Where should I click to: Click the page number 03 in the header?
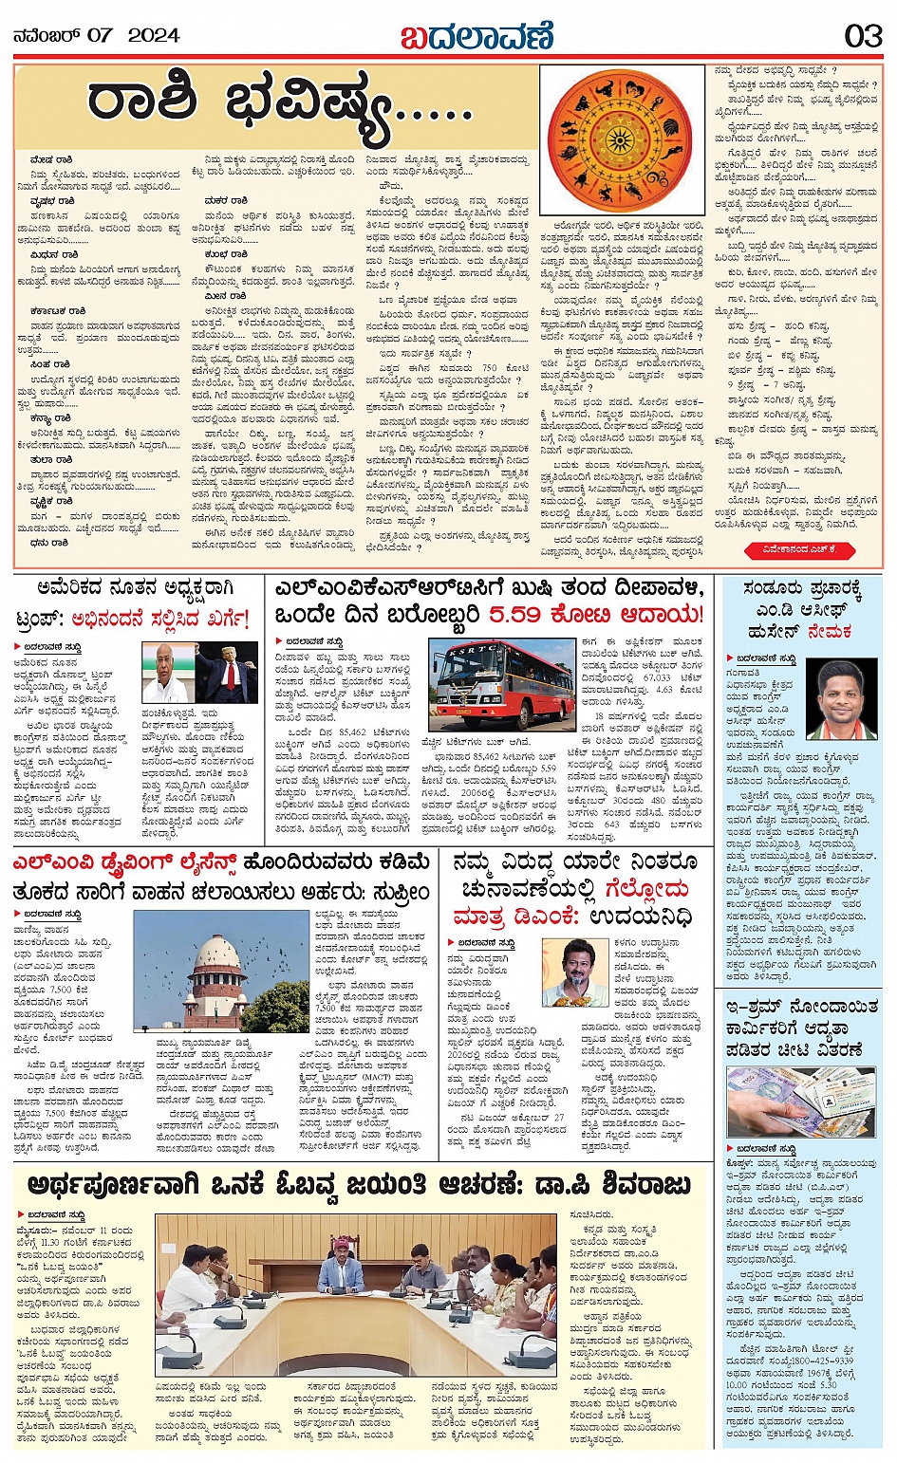point(863,36)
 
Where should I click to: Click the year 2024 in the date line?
point(153,36)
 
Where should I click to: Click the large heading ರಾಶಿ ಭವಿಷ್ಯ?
point(280,110)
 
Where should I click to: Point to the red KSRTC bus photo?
point(500,684)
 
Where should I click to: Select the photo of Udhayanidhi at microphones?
point(575,972)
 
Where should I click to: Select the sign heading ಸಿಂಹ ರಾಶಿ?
point(50,364)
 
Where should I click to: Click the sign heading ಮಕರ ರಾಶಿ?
point(226,201)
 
